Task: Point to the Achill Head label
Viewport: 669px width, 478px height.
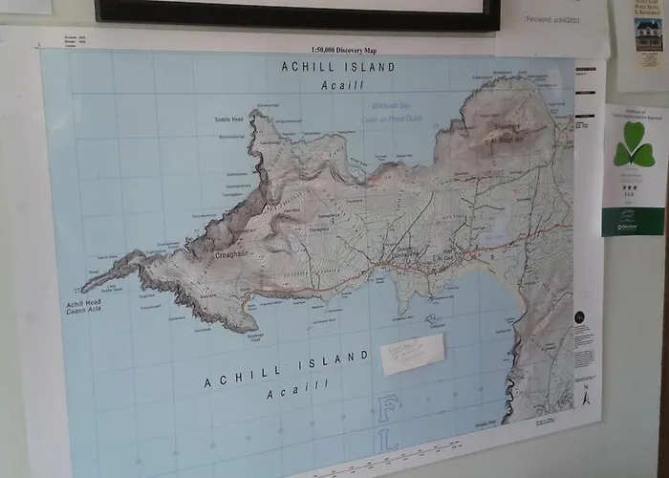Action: tap(83, 304)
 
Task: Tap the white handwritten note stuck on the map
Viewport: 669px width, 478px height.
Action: tap(412, 354)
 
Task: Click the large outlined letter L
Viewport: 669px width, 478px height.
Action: tap(391, 445)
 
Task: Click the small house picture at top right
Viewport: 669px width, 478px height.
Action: tap(648, 33)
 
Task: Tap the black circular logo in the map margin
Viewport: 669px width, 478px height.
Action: tap(580, 317)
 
